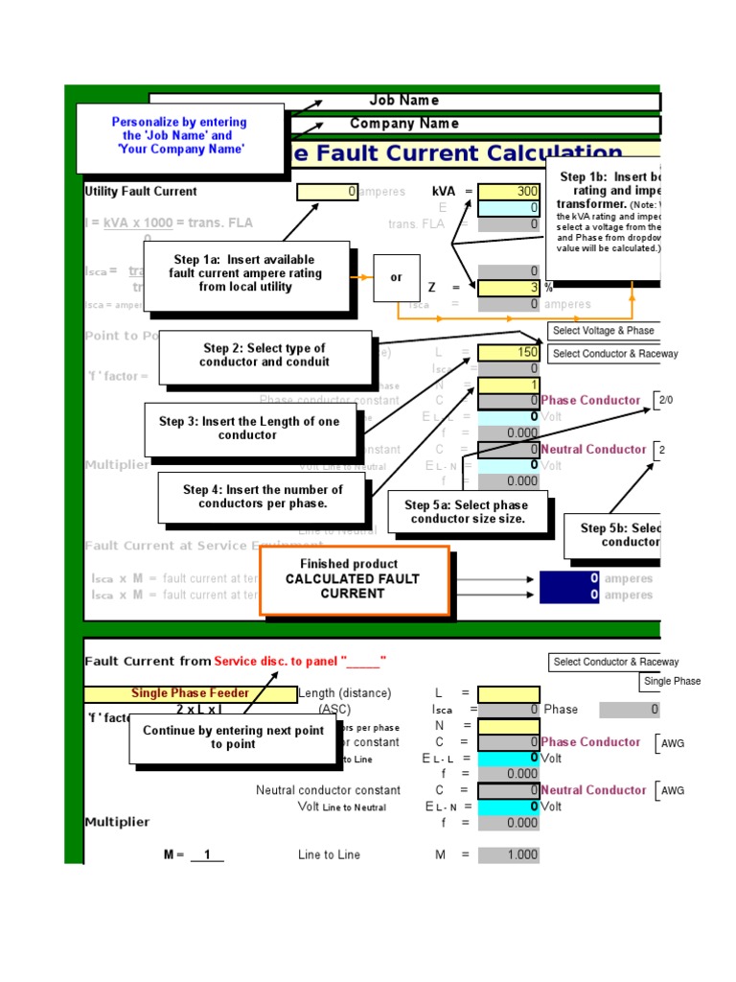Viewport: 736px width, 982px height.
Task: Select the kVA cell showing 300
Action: click(x=509, y=192)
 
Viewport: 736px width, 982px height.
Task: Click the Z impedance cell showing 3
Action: click(x=509, y=288)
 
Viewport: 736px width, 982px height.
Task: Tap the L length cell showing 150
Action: click(x=509, y=353)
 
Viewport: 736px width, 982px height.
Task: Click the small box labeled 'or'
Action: click(x=397, y=278)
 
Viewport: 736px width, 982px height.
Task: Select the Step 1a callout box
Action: click(x=245, y=274)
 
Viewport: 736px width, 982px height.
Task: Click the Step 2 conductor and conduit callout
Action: click(x=264, y=356)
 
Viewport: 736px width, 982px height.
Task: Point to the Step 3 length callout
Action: click(x=249, y=429)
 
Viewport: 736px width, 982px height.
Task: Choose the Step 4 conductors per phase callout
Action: click(x=263, y=497)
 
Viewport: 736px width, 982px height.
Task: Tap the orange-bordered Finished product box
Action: click(x=354, y=579)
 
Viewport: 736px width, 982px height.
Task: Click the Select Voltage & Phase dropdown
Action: click(x=604, y=331)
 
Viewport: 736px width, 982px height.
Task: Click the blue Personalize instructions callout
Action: click(x=179, y=137)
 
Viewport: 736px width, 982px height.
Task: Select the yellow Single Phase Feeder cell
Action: click(x=190, y=693)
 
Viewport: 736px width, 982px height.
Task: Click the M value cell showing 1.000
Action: click(x=509, y=854)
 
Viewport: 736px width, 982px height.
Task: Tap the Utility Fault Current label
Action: click(x=141, y=192)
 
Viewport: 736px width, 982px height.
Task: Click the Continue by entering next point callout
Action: click(x=233, y=737)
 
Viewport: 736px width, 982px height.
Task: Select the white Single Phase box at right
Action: click(x=672, y=681)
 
